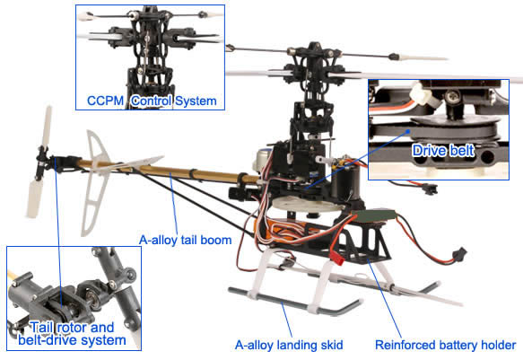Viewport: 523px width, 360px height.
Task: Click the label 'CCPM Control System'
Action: [x=152, y=101]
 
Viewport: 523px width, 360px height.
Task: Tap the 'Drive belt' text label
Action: [x=443, y=151]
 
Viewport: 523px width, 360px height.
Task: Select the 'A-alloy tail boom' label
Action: [x=186, y=240]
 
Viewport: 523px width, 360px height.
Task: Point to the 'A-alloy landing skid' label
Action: [x=289, y=345]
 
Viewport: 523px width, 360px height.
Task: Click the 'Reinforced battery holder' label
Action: [x=446, y=345]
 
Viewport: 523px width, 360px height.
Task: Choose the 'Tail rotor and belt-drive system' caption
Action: [x=72, y=334]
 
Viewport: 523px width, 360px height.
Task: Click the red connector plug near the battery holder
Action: [x=336, y=258]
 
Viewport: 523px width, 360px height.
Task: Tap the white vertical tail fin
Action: [x=94, y=183]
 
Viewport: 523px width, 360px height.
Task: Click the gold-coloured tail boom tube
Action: [x=167, y=171]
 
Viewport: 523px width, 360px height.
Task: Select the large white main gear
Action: [x=307, y=204]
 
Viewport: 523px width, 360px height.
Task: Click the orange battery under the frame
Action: [x=283, y=229]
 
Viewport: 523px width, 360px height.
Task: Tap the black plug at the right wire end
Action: [x=459, y=254]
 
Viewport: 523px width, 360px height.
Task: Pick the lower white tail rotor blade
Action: [x=34, y=198]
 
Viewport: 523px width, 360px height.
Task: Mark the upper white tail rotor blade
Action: [x=48, y=126]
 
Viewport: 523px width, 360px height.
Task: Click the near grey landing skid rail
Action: [x=293, y=302]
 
